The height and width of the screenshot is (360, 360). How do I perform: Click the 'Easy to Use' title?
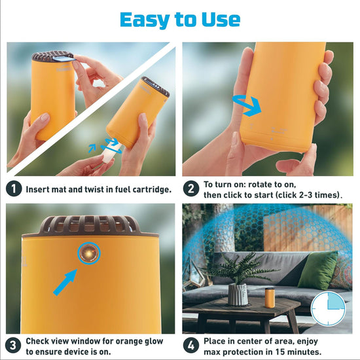click(180, 20)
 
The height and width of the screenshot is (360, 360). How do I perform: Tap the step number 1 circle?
click(14, 189)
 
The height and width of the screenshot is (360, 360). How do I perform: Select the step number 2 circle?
click(191, 189)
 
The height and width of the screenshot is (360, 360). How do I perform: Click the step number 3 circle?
click(14, 345)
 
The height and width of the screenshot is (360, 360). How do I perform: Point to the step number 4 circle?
click(191, 345)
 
